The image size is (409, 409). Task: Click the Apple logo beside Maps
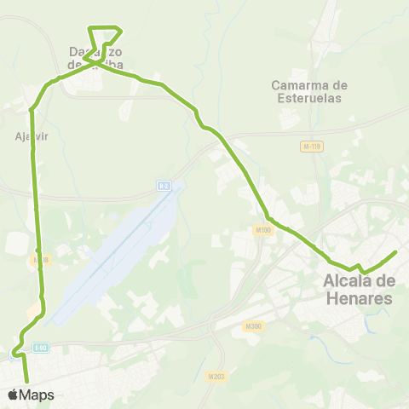12,395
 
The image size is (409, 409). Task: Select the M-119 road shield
312,147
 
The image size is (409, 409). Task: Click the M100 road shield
262,229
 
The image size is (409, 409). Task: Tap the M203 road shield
216,375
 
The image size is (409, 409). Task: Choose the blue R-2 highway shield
164,185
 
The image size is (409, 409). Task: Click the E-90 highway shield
41,347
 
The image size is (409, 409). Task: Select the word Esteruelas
307,98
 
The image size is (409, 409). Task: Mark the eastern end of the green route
396,252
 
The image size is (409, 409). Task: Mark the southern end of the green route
27,381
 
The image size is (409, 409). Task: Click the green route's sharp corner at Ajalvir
32,109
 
